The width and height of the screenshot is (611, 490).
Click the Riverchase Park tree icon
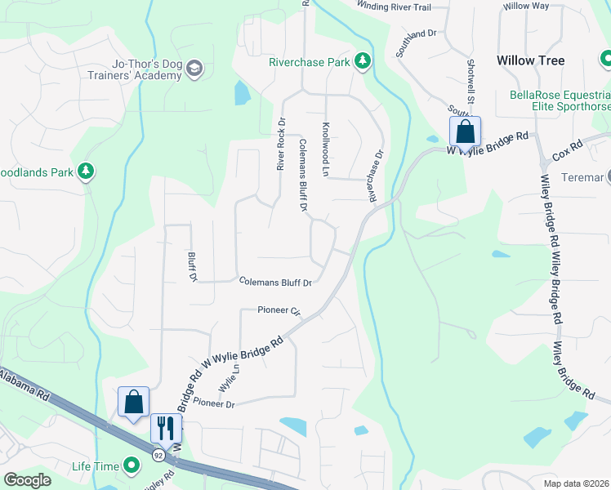[362, 61]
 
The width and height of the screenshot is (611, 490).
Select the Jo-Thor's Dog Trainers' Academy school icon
[194, 67]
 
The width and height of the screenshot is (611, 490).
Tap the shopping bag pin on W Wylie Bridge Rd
[465, 131]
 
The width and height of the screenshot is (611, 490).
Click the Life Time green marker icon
[132, 466]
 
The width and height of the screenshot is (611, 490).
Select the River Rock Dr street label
[281, 144]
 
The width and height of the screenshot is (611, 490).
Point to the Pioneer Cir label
[279, 311]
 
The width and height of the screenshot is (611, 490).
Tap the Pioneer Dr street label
[213, 404]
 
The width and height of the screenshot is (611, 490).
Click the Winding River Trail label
[394, 7]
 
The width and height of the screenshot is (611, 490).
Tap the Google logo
[28, 480]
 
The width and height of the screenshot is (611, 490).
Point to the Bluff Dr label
[194, 266]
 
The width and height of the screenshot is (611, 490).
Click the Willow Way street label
[526, 6]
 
